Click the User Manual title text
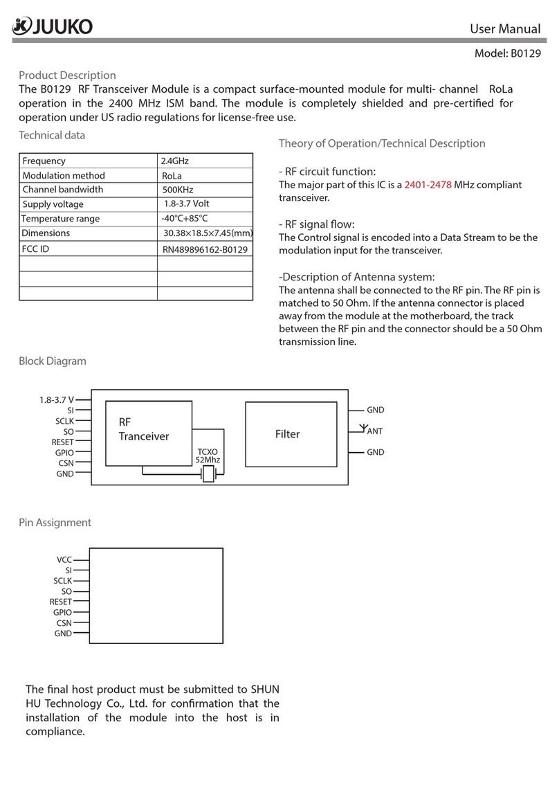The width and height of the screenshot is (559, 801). pos(505,29)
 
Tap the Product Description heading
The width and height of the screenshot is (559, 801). pos(67,75)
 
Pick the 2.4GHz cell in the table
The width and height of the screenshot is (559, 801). pos(174,161)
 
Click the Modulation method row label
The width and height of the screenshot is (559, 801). pos(64,176)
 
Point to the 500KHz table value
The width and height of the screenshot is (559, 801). pos(178,190)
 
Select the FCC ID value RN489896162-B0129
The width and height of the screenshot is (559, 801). pos(205,249)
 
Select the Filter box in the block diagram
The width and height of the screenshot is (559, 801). pos(287,434)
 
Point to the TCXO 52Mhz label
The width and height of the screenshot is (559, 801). pos(208,455)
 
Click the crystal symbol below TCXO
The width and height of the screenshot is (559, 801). pos(208,474)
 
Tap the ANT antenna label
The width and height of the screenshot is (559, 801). pos(374,431)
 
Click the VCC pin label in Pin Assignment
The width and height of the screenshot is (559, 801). pos(64,559)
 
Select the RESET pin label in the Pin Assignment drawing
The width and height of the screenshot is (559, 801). pos(61,602)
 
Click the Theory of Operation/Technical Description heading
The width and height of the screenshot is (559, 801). pos(381,143)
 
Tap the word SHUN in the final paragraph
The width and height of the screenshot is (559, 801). pos(264,690)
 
